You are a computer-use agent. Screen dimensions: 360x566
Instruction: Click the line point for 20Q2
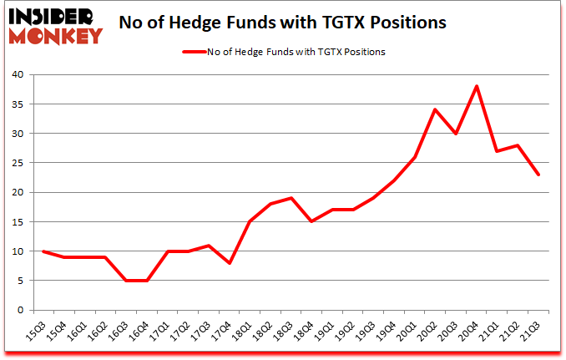click(x=436, y=109)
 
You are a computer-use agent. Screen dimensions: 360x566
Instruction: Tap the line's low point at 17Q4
click(x=229, y=262)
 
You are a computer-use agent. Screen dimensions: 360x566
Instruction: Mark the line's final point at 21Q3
click(x=538, y=175)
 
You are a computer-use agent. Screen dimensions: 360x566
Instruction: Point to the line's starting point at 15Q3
click(x=43, y=251)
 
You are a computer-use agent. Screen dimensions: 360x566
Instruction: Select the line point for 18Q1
click(x=250, y=221)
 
